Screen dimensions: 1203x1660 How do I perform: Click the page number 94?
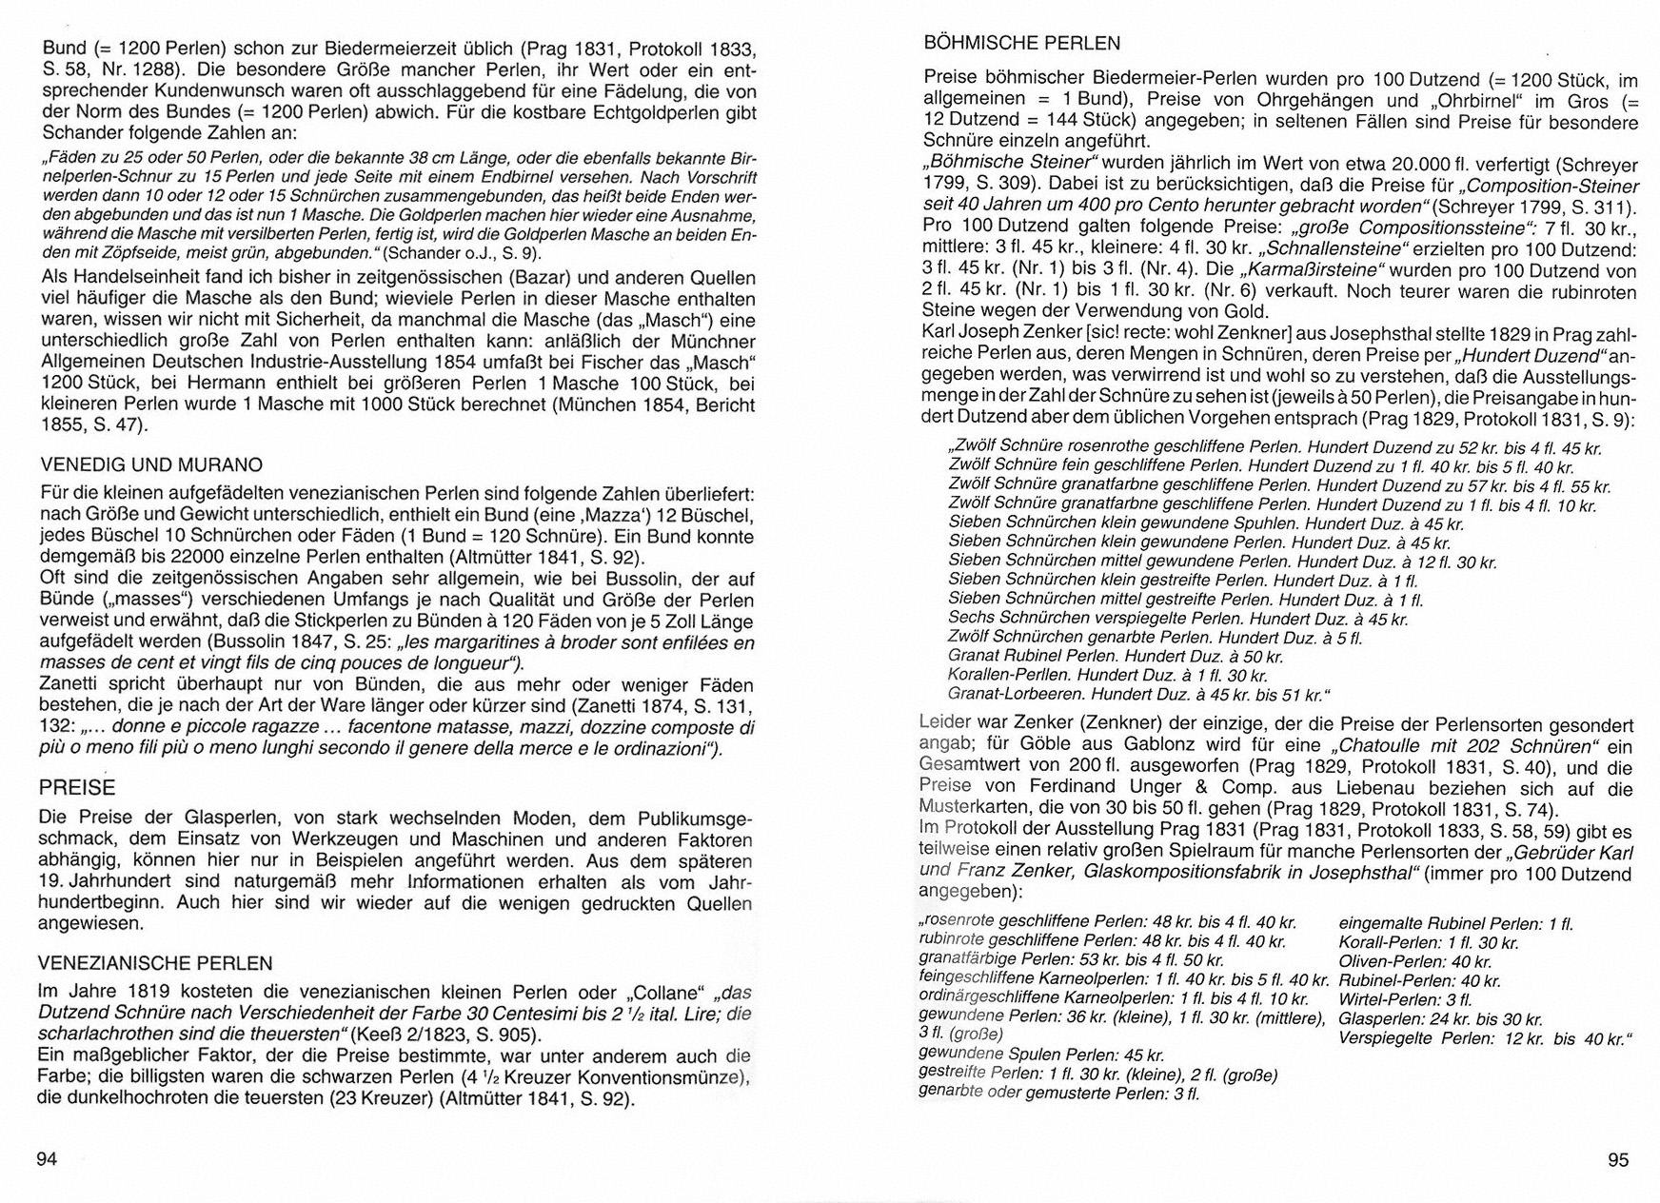click(47, 1158)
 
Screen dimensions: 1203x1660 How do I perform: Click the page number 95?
click(1618, 1159)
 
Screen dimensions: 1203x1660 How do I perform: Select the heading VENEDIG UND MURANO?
click(151, 465)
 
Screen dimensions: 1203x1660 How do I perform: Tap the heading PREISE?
click(76, 787)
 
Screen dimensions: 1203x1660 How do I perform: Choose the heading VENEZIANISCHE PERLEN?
click(155, 963)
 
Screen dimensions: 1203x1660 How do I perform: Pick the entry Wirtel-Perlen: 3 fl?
click(1405, 999)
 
